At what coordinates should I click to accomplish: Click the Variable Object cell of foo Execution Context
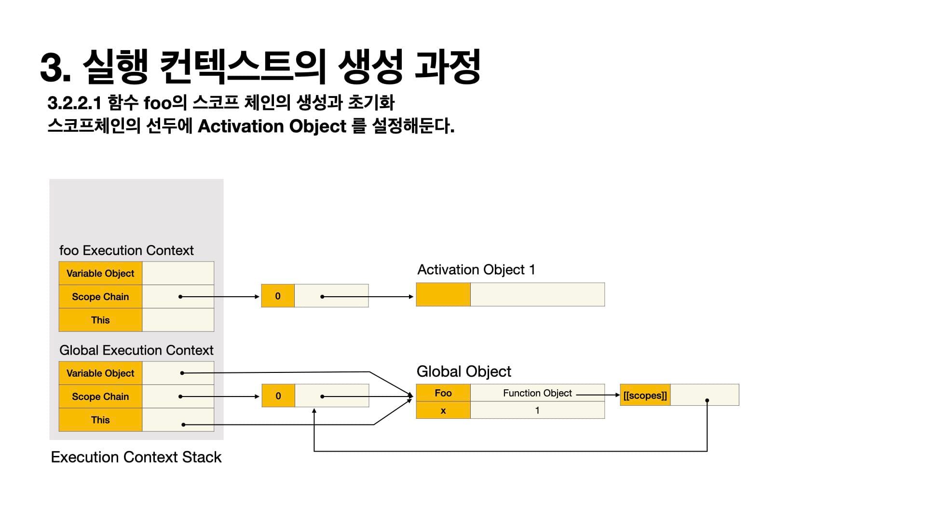click(100, 274)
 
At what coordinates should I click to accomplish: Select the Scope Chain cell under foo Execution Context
click(100, 297)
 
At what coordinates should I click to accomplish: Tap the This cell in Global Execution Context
click(100, 420)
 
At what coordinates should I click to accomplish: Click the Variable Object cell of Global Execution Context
click(100, 373)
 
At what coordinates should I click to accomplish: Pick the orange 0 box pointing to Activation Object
click(278, 296)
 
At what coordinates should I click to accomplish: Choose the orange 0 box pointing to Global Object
click(278, 396)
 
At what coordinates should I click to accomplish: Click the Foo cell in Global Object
click(443, 393)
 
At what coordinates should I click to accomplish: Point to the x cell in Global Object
click(443, 411)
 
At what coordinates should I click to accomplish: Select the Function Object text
click(537, 393)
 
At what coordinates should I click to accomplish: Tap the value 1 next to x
click(537, 411)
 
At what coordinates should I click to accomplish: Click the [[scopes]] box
click(645, 396)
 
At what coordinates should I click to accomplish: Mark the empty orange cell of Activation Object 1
click(443, 295)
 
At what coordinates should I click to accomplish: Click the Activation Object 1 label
click(476, 270)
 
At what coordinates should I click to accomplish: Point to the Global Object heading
click(463, 371)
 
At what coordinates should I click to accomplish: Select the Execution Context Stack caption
click(136, 457)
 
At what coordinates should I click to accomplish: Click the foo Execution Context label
click(126, 250)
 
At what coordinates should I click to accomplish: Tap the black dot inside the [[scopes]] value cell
click(707, 400)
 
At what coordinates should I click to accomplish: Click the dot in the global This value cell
click(183, 425)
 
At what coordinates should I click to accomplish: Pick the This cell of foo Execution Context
click(100, 320)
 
